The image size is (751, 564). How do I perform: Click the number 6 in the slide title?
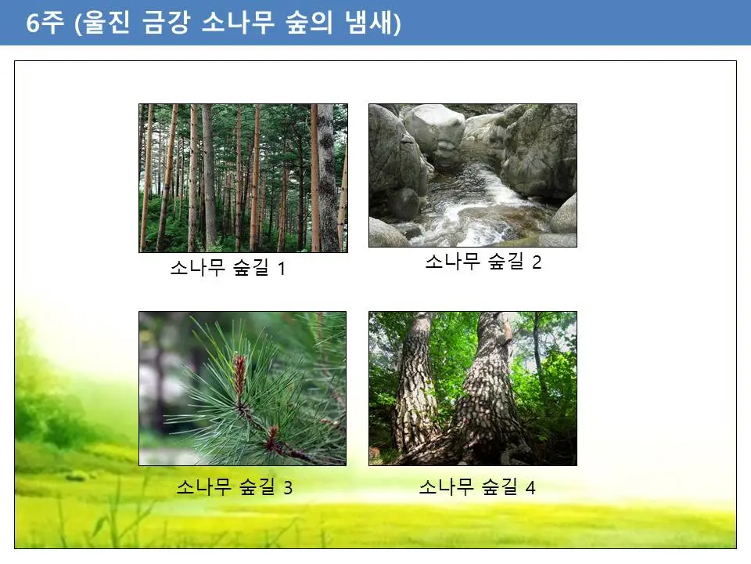(x=34, y=23)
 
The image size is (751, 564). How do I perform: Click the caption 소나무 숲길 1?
(x=228, y=269)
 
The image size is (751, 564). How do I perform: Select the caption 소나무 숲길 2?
(x=483, y=262)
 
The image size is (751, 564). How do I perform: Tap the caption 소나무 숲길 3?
(x=234, y=488)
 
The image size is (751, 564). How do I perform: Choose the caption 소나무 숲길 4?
(x=476, y=488)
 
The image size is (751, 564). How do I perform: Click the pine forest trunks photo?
(x=243, y=178)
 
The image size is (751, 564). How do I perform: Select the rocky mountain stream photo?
(x=473, y=175)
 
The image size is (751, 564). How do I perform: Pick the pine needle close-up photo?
(x=243, y=389)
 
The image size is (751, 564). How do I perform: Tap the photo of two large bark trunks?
(x=473, y=389)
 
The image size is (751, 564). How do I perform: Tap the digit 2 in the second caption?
(x=537, y=262)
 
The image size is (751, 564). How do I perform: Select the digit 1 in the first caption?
(x=282, y=269)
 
